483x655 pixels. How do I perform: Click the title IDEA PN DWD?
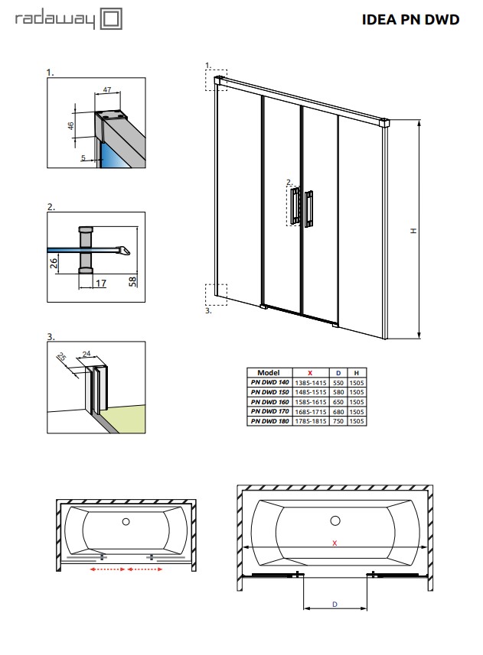pyautogui.click(x=410, y=20)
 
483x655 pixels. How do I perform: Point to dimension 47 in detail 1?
pyautogui.click(x=107, y=90)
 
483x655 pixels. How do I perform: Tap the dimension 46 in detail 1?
pyautogui.click(x=71, y=126)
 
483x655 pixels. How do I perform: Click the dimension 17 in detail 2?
pyautogui.click(x=101, y=283)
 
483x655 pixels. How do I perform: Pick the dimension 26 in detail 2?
pyautogui.click(x=54, y=264)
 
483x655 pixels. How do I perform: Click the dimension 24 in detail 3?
pyautogui.click(x=86, y=353)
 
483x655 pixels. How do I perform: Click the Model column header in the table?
pyautogui.click(x=269, y=372)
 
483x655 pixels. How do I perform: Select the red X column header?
pyautogui.click(x=309, y=372)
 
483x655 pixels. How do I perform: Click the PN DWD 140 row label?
pyautogui.click(x=269, y=381)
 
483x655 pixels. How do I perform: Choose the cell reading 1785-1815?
pyautogui.click(x=309, y=421)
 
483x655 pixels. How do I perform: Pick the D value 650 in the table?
pyautogui.click(x=338, y=401)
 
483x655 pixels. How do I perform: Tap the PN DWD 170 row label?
pyautogui.click(x=269, y=411)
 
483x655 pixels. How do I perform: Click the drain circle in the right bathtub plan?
pyautogui.click(x=334, y=520)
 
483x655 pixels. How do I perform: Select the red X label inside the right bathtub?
pyautogui.click(x=334, y=543)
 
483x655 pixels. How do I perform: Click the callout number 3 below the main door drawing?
pyautogui.click(x=207, y=311)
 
